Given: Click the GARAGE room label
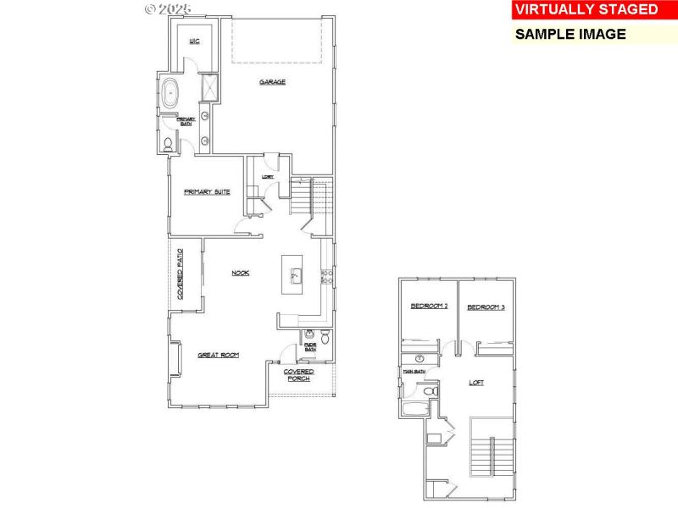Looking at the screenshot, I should (x=272, y=82).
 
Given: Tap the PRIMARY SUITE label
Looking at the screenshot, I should (x=207, y=192).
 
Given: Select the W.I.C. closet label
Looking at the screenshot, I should (x=193, y=41).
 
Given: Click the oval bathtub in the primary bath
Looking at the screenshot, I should (x=170, y=92).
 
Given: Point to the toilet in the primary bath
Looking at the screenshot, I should (x=168, y=146).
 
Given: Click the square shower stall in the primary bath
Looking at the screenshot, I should (x=207, y=86).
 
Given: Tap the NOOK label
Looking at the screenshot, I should (x=241, y=273).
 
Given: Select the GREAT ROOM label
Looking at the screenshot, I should (x=218, y=356).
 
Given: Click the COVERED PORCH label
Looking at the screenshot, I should (x=298, y=375).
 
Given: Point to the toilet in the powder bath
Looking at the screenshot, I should (x=310, y=334).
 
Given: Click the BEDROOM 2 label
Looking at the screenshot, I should (x=429, y=306).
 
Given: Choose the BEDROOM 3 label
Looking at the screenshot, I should (x=486, y=306).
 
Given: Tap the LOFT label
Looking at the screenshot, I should (x=477, y=383).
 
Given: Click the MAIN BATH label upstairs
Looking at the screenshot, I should (x=413, y=372).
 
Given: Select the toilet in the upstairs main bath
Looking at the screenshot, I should (x=428, y=391).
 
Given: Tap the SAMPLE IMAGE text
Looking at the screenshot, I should (x=570, y=35).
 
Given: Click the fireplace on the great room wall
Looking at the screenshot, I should (x=175, y=359).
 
